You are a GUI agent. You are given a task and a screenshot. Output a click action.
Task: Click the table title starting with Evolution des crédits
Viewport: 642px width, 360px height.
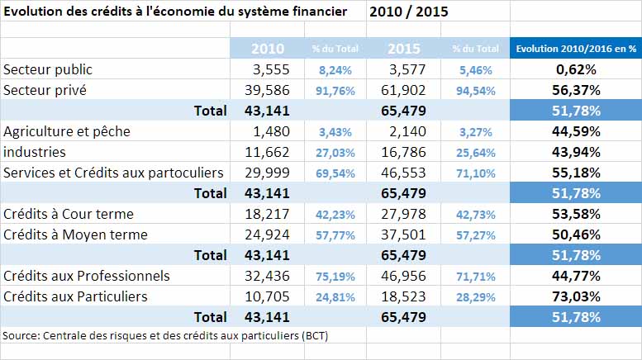point(176,12)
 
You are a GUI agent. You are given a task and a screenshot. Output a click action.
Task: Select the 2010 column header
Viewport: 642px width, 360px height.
point(268,49)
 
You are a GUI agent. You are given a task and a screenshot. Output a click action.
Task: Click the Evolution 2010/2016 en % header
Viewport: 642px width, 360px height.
point(576,49)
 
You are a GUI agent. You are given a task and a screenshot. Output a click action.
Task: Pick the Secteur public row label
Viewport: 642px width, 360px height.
point(48,69)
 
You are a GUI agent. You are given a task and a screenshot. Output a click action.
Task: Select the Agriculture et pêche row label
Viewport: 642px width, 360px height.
point(67,131)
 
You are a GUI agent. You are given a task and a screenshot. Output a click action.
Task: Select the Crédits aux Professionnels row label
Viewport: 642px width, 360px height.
point(87,275)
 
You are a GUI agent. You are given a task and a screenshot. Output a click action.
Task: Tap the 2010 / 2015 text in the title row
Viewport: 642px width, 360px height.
point(404,12)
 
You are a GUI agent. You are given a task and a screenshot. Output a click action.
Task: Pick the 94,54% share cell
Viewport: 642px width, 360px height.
point(475,90)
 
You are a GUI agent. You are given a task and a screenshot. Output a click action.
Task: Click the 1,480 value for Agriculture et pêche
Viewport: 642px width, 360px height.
point(273,131)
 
